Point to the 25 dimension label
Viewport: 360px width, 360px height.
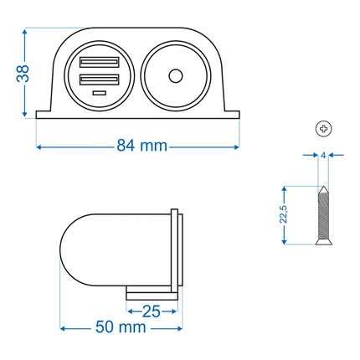click(x=152, y=311)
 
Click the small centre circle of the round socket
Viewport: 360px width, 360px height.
click(x=174, y=76)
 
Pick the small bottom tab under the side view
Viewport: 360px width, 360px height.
click(x=151, y=294)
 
